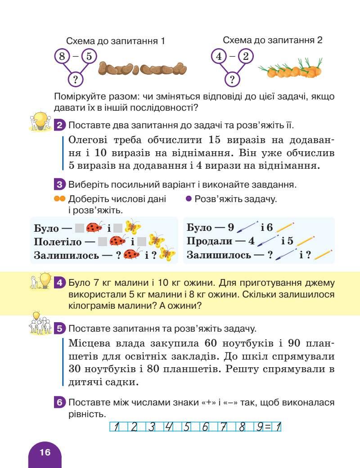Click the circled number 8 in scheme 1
point(62,56)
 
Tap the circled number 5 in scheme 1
point(89,56)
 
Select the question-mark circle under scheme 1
point(76,80)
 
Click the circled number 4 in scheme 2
point(219,56)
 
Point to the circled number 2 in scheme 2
point(246,56)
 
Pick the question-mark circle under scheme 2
point(232,80)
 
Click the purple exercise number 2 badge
point(60,125)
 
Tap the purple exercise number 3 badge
point(60,184)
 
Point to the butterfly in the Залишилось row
point(168,254)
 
